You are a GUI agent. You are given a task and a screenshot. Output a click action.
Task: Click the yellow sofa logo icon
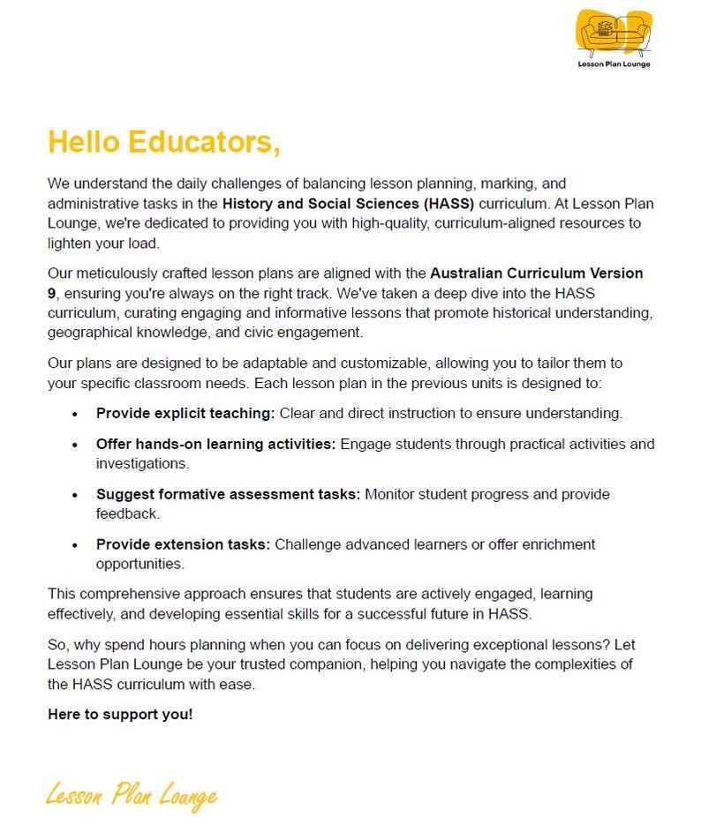tap(614, 34)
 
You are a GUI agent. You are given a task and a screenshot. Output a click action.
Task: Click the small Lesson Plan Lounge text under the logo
tap(614, 64)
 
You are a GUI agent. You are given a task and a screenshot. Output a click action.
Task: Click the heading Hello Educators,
tap(164, 142)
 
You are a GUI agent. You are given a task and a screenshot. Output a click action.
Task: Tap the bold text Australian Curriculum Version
tap(537, 273)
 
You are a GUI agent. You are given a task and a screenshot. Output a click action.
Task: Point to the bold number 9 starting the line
tap(52, 292)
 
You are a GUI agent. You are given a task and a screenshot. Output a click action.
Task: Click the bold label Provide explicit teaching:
tap(185, 413)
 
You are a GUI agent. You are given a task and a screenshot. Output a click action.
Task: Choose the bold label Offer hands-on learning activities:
tap(215, 444)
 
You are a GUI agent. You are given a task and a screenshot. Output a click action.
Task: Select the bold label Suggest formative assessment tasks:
tap(228, 494)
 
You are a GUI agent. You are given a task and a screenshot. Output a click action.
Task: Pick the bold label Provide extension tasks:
tap(183, 544)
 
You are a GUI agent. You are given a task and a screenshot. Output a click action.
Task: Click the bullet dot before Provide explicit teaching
tap(75, 414)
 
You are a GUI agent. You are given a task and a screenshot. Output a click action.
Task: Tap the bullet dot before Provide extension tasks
tap(75, 545)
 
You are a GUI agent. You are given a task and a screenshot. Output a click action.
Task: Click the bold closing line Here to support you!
tap(120, 715)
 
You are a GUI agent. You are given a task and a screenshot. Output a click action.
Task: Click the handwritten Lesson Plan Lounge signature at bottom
tap(132, 795)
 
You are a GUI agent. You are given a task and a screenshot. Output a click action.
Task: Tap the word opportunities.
tap(139, 564)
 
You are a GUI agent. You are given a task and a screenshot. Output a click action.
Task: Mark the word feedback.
tap(126, 513)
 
